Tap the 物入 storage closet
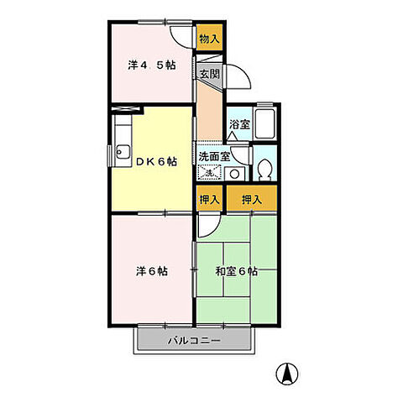[209, 39]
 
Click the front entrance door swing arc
[240, 77]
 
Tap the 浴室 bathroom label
[238, 125]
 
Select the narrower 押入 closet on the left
[209, 201]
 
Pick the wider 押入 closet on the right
[251, 201]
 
